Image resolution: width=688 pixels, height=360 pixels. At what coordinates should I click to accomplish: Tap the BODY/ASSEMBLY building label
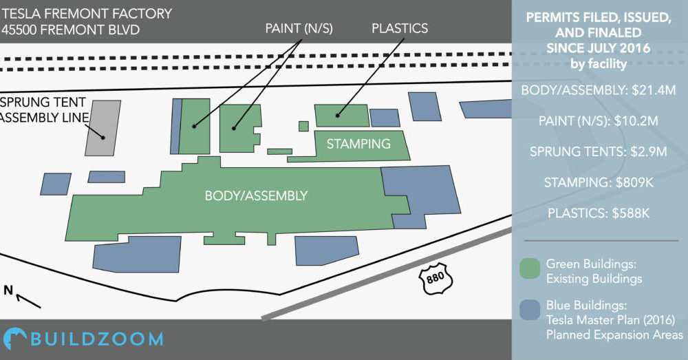(256, 195)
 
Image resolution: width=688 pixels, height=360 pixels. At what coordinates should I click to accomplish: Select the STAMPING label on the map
(358, 144)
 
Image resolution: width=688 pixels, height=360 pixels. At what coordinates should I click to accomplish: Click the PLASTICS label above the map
(400, 28)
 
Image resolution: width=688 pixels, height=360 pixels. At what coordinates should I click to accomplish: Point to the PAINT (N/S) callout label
(299, 28)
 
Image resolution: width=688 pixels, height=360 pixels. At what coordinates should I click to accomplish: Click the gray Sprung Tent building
(103, 128)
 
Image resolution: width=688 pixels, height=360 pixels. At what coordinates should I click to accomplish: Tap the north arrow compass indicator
(22, 297)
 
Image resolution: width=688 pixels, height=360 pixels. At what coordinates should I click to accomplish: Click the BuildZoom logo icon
(14, 339)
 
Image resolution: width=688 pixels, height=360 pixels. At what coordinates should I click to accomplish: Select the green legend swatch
(530, 268)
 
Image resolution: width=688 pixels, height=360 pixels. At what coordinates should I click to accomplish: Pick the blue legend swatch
(530, 310)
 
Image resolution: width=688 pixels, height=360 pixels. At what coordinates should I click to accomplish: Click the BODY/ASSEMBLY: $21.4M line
(599, 90)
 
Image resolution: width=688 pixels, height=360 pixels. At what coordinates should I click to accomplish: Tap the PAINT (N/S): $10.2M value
(599, 121)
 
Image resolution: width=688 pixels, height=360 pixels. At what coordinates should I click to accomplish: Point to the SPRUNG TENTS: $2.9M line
(599, 152)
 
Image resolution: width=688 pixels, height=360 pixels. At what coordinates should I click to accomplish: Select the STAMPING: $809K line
(599, 182)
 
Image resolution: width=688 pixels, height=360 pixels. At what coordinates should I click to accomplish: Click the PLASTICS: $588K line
(599, 213)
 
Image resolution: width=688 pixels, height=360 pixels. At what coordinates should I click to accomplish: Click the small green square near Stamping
(303, 127)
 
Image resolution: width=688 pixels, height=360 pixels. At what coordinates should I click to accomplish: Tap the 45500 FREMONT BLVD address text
(71, 30)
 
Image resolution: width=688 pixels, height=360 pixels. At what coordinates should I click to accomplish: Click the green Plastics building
(342, 116)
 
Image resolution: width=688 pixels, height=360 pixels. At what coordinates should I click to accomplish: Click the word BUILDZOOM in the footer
(97, 339)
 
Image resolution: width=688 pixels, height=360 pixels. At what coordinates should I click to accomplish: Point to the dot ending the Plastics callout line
(337, 116)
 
